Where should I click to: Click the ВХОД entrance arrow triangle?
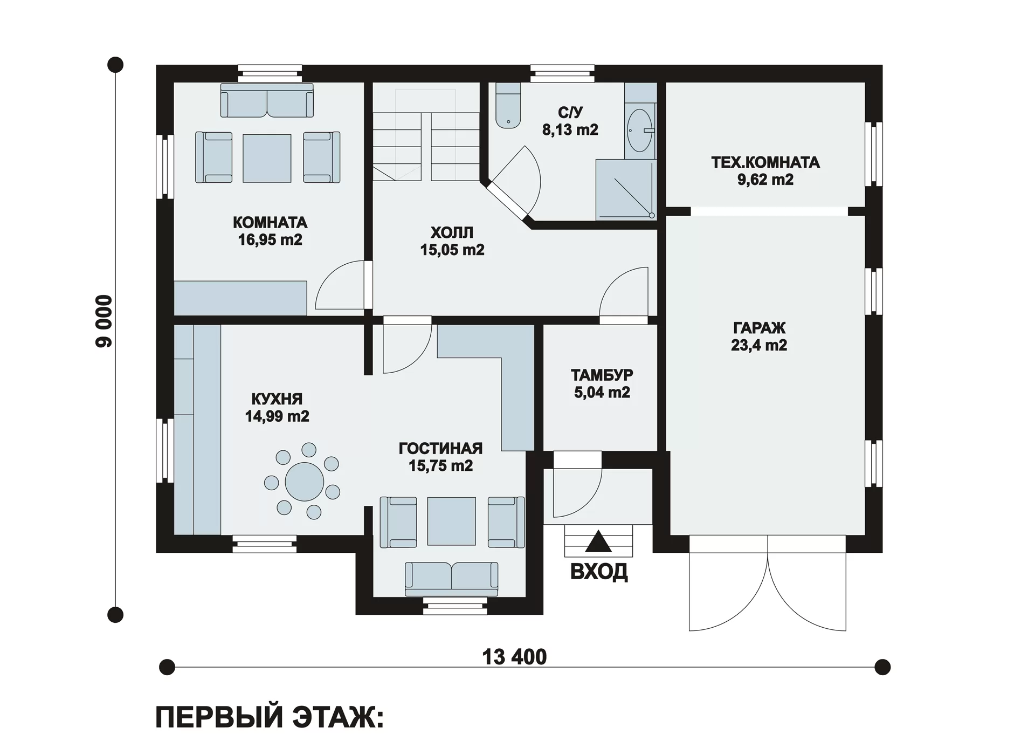pyautogui.click(x=598, y=541)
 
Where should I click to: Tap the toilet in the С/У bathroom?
pyautogui.click(x=508, y=106)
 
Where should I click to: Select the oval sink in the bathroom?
pyautogui.click(x=640, y=131)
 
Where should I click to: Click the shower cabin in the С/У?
pyautogui.click(x=626, y=189)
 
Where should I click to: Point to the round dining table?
pyautogui.click(x=305, y=482)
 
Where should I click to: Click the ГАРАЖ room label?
pyautogui.click(x=759, y=327)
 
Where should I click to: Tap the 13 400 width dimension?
pyautogui.click(x=514, y=657)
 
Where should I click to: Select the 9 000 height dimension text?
pyautogui.click(x=104, y=321)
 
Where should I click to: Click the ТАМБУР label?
pyautogui.click(x=602, y=374)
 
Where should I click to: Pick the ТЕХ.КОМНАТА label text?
pyautogui.click(x=765, y=162)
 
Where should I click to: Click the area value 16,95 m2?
pyautogui.click(x=270, y=239)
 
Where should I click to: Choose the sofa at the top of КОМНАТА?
pyautogui.click(x=267, y=100)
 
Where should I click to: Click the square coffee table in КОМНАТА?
pyautogui.click(x=267, y=158)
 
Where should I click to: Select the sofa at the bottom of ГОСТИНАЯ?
pyautogui.click(x=451, y=579)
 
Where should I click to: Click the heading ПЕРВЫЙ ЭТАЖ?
pyautogui.click(x=270, y=718)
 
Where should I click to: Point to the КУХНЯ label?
pyautogui.click(x=277, y=399)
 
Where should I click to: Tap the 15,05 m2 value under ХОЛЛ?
pyautogui.click(x=452, y=250)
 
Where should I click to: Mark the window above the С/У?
pyautogui.click(x=562, y=73)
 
